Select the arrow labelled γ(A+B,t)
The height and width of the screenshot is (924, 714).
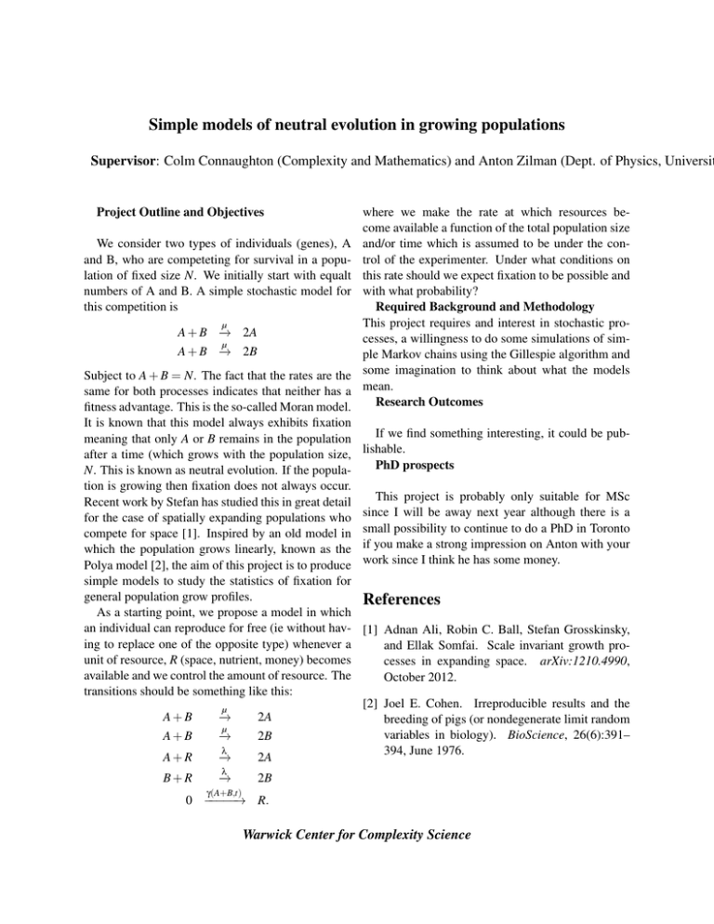222,796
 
